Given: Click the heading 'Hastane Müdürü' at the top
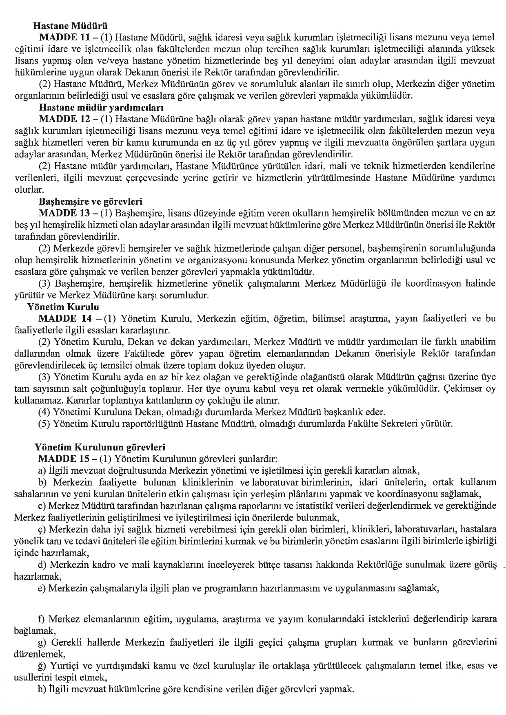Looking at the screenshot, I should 70,27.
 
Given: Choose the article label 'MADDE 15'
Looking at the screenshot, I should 63,458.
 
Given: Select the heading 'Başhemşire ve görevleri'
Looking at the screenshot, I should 90,201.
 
